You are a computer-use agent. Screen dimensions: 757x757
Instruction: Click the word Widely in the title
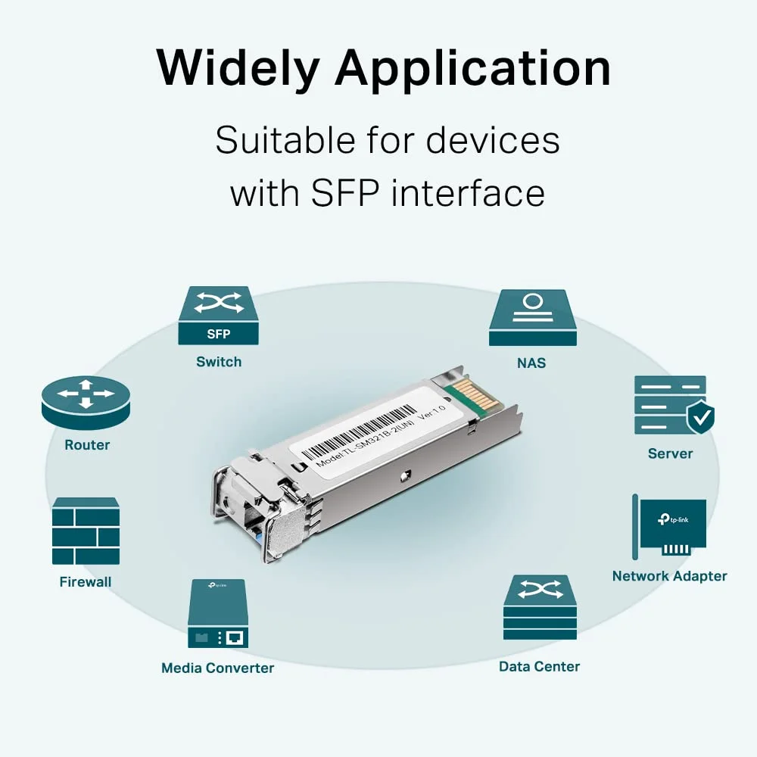pyautogui.click(x=238, y=68)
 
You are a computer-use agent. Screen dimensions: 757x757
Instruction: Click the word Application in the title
pyautogui.click(x=473, y=70)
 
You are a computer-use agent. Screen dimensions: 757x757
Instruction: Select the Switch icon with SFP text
pyautogui.click(x=218, y=315)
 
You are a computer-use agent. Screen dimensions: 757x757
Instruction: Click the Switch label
pyautogui.click(x=219, y=362)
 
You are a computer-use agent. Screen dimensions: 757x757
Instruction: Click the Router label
pyautogui.click(x=87, y=445)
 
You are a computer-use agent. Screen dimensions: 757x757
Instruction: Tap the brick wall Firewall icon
pyautogui.click(x=86, y=531)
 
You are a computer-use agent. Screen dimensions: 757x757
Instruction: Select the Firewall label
pyautogui.click(x=86, y=582)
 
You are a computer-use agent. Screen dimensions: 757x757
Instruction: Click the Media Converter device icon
pyautogui.click(x=218, y=613)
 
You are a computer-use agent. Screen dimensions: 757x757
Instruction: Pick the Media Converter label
pyautogui.click(x=218, y=668)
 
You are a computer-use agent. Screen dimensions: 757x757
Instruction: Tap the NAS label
pyautogui.click(x=531, y=363)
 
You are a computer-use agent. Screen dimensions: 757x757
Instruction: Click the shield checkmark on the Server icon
pyautogui.click(x=700, y=416)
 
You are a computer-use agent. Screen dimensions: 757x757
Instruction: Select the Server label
pyautogui.click(x=670, y=453)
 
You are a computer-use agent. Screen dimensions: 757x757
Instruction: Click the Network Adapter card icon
pyautogui.click(x=670, y=527)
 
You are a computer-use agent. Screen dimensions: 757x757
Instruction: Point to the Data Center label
pyautogui.click(x=539, y=667)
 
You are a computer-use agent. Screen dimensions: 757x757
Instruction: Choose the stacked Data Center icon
pyautogui.click(x=539, y=607)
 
